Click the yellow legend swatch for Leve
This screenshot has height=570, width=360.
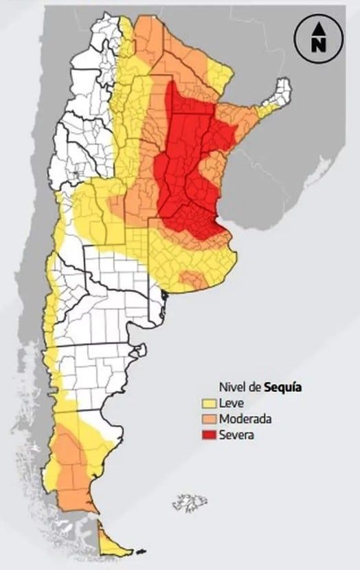(x=208, y=404)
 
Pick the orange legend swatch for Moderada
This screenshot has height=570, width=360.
(x=208, y=419)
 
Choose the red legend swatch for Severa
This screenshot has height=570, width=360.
(x=208, y=434)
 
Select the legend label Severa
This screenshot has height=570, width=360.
(x=236, y=434)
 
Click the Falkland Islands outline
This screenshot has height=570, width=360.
(x=189, y=503)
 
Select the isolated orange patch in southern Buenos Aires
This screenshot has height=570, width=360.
(x=192, y=278)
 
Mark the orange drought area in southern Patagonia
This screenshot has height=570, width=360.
(x=72, y=468)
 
